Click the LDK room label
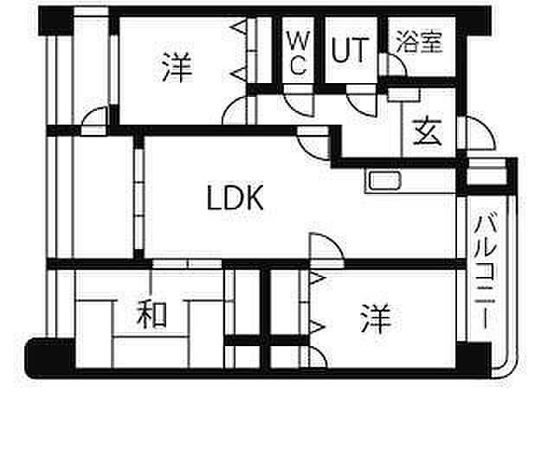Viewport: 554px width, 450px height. (x=235, y=198)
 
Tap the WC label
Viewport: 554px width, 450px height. (x=299, y=53)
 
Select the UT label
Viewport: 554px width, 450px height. (x=350, y=50)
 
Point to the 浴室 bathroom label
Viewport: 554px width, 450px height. (x=419, y=42)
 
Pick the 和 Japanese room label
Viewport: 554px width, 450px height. (x=152, y=314)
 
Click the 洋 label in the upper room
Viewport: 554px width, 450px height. (x=177, y=67)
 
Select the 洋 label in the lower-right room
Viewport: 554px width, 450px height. (x=376, y=319)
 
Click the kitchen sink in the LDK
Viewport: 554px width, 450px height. (x=384, y=181)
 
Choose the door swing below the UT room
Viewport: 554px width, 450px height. (x=361, y=106)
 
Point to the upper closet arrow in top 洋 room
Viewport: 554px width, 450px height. (x=239, y=27)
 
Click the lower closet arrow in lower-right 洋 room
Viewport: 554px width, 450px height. (x=317, y=327)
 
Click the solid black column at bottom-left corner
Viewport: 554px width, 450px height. (x=50, y=357)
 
